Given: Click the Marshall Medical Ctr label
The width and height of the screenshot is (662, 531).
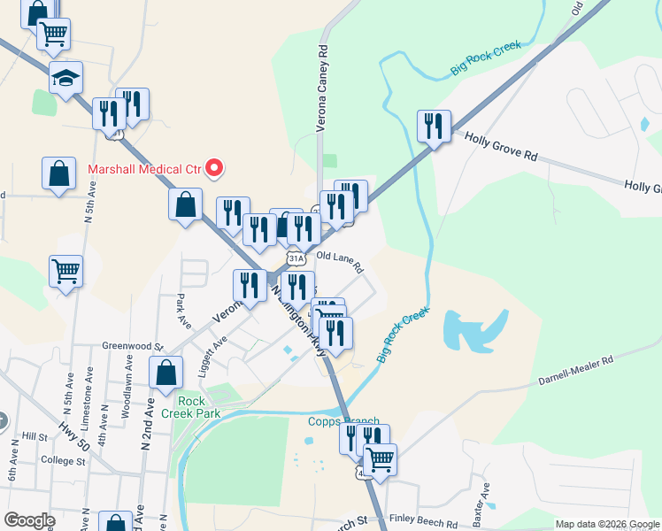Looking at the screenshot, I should [144, 167].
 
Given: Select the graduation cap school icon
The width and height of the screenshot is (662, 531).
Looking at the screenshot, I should [65, 79].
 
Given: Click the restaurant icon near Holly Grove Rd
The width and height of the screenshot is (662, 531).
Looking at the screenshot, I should [434, 127].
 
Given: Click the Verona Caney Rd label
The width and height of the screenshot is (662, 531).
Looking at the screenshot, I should [323, 88].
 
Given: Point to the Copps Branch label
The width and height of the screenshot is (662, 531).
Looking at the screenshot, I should [343, 422].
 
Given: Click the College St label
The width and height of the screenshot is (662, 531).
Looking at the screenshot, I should [62, 461].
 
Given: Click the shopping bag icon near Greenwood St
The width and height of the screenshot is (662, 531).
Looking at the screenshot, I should [165, 373].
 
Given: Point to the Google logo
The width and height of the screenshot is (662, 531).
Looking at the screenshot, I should [29, 520].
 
